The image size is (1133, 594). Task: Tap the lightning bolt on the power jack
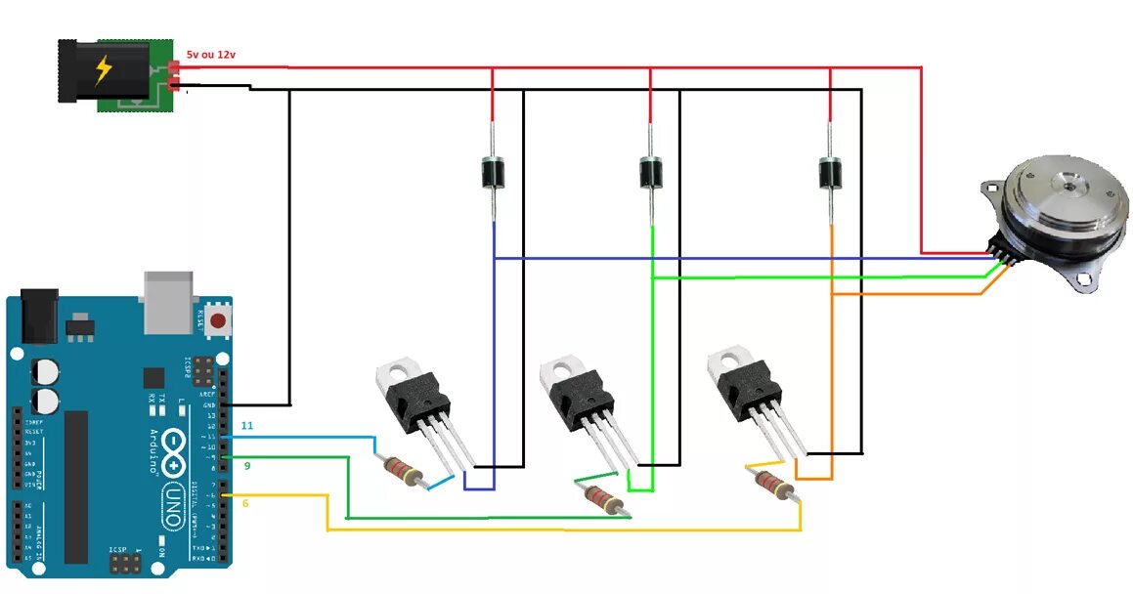pyautogui.click(x=103, y=71)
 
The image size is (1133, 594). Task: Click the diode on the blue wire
pyautogui.click(x=493, y=174)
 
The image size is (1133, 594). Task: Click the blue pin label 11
pyautogui.click(x=247, y=426)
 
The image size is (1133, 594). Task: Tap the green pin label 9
pyautogui.click(x=247, y=466)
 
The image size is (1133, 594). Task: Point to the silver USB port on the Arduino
pyautogui.click(x=171, y=300)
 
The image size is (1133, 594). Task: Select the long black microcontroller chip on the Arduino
pyautogui.click(x=76, y=486)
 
